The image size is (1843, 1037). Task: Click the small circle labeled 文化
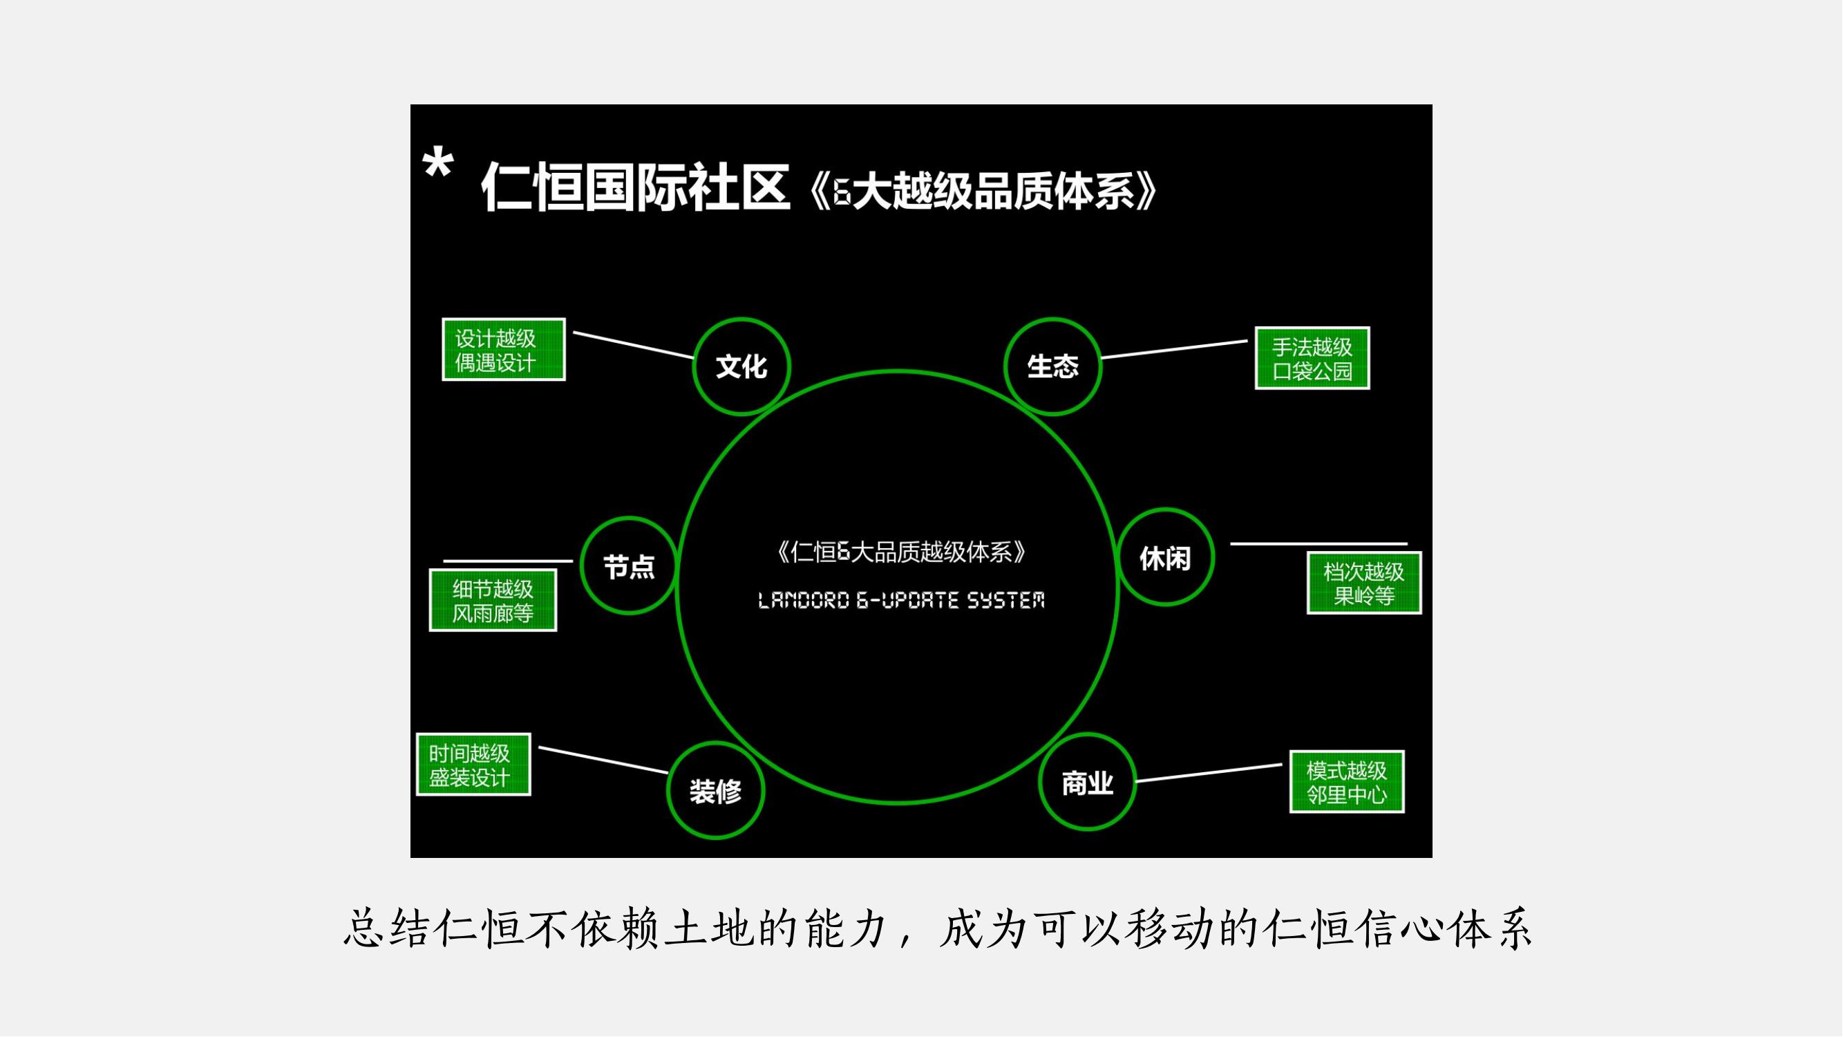pos(742,366)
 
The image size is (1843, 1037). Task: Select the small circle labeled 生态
pos(1052,366)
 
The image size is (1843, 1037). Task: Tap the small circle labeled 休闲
pos(1166,557)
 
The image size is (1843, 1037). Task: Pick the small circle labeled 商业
pos(1088,782)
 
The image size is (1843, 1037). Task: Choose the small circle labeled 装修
pos(715,791)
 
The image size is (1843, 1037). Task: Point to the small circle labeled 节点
pos(629,566)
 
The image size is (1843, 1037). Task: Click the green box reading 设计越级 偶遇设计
pos(504,350)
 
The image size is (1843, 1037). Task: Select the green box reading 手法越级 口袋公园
pos(1312,359)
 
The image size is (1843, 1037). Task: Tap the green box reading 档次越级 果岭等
pos(1363,583)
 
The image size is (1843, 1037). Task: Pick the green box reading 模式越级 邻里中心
pos(1346,782)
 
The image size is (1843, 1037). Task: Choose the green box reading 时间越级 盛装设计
pos(473,765)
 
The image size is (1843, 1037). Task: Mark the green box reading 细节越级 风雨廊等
pos(493,601)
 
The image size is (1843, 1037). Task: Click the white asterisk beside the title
pos(437,164)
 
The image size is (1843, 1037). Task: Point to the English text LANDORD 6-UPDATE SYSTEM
pos(900,601)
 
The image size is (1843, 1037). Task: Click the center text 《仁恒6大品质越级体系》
pos(900,552)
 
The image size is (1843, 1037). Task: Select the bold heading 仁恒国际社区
pos(635,187)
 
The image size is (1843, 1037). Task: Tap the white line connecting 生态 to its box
pos(1174,349)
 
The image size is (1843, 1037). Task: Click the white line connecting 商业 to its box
pos(1209,773)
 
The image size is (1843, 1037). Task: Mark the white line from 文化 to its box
pos(633,344)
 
